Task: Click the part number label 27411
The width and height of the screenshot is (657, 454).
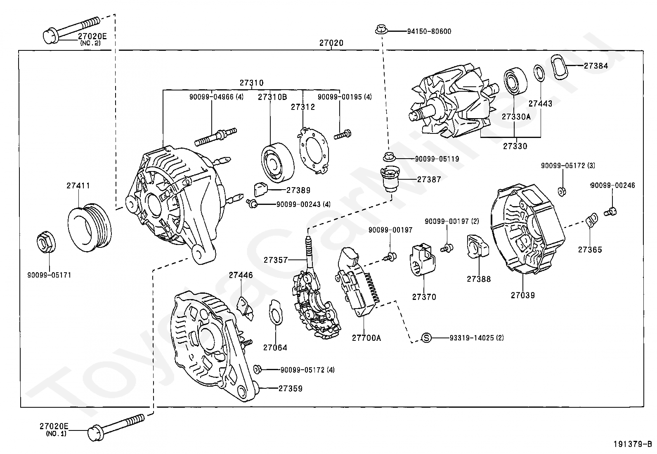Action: click(x=78, y=185)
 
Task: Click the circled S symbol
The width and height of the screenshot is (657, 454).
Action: click(x=426, y=338)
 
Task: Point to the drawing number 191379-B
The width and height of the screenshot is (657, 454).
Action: click(x=632, y=444)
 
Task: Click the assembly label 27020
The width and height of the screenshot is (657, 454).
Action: click(x=331, y=43)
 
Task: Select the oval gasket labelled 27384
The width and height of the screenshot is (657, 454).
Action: click(x=559, y=67)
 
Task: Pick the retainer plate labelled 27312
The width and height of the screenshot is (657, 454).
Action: click(x=314, y=150)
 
